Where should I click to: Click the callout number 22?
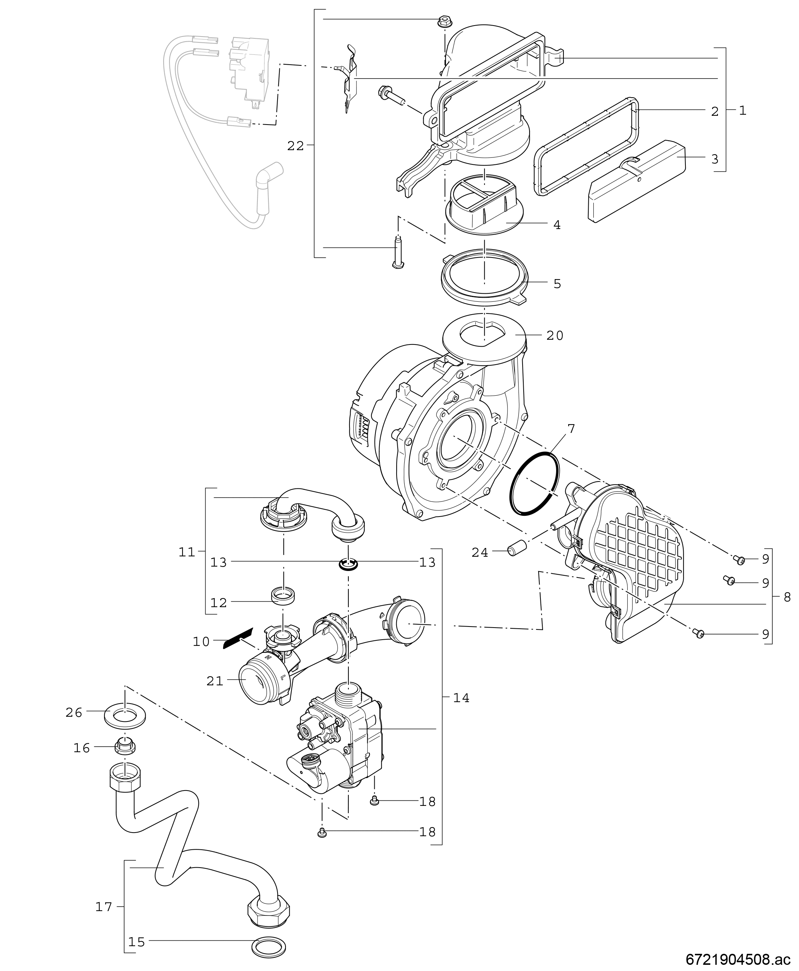(295, 146)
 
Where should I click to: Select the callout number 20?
(555, 336)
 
